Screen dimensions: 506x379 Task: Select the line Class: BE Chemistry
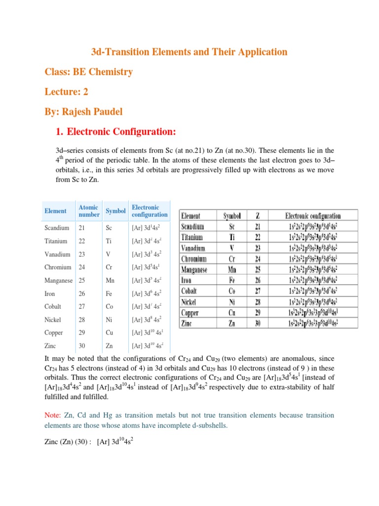89,72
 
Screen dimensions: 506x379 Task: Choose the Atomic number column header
89,211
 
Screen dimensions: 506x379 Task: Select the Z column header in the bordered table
258,216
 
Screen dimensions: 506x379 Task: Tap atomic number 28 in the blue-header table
82,320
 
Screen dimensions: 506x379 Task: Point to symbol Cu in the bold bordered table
232,313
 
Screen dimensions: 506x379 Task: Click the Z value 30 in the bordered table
258,324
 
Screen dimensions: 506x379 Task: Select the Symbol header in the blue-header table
115,211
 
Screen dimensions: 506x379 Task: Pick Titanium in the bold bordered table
194,237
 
